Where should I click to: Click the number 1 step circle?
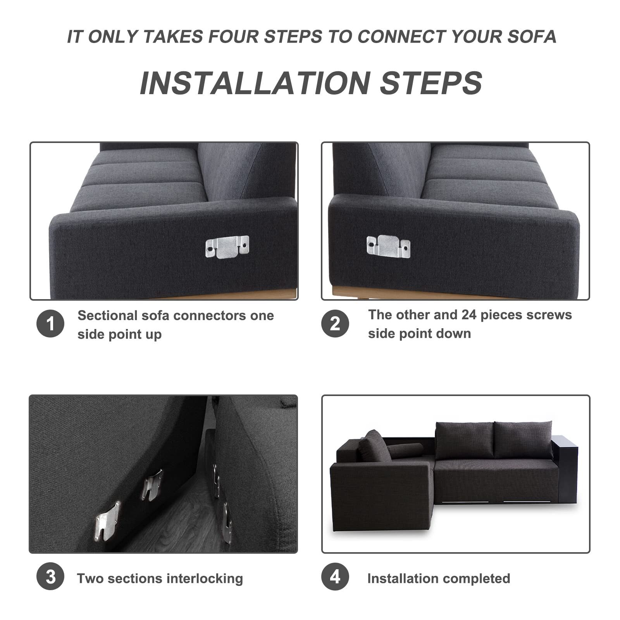tap(50, 324)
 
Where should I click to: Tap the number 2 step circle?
tap(335, 324)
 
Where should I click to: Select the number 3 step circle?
tap(50, 577)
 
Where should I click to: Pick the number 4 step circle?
tap(335, 577)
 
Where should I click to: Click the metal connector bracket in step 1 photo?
tap(227, 247)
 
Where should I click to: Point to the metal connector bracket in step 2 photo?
tap(388, 246)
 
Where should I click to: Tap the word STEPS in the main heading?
tap(431, 83)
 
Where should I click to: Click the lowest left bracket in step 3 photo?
tap(107, 521)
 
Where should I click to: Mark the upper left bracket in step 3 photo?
tap(152, 484)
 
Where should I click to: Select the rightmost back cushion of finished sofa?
tap(523, 440)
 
